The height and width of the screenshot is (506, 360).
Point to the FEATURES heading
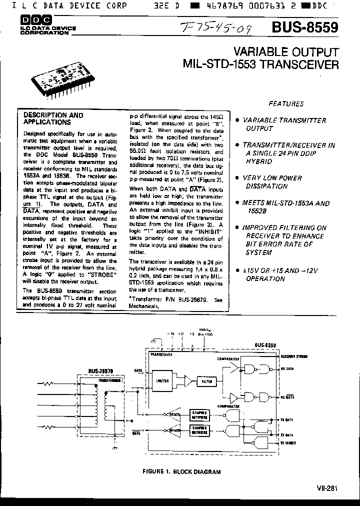(286, 104)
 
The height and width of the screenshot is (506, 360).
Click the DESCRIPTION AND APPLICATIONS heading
(54, 118)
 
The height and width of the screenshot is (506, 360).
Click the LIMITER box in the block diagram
(163, 381)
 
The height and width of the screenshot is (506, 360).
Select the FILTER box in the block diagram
(207, 381)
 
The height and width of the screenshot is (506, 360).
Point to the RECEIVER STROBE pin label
(294, 357)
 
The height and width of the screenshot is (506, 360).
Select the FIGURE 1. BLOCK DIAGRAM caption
(181, 471)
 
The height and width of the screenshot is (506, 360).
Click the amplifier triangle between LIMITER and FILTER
(187, 381)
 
